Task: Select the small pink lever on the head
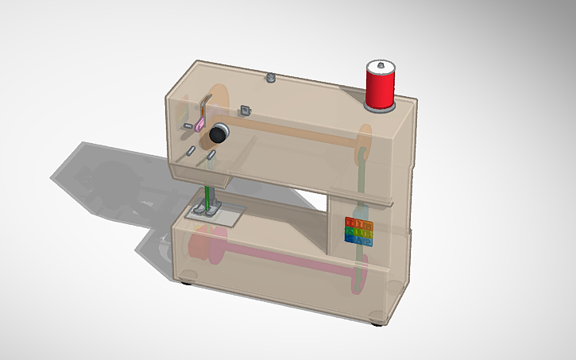(199, 125)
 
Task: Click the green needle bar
(208, 199)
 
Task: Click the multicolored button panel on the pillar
(358, 230)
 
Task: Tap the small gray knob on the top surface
(270, 77)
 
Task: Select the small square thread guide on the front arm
(245, 110)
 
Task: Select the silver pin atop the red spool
(381, 62)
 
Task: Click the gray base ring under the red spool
(380, 107)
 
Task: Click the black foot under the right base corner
(376, 323)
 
